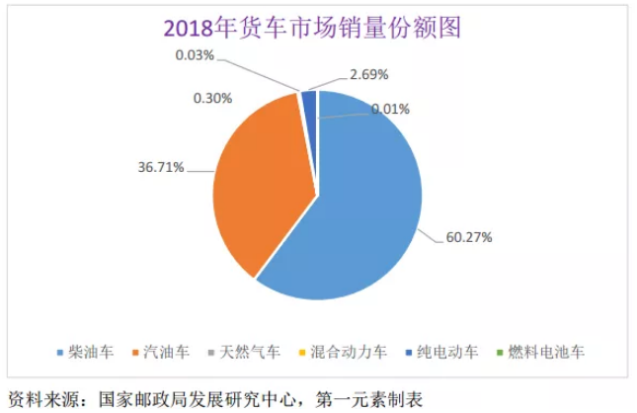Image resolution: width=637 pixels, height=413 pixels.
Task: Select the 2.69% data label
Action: pyautogui.click(x=369, y=74)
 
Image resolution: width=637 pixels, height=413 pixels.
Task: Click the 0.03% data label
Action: pyautogui.click(x=196, y=53)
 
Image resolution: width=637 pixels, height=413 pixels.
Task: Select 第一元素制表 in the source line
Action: pyautogui.click(x=369, y=399)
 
